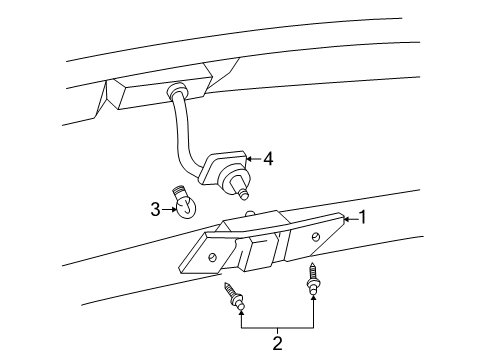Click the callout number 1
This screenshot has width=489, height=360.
[x=364, y=217]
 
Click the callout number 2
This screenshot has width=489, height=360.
[x=278, y=344]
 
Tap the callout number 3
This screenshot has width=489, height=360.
[x=156, y=209]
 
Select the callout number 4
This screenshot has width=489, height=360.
[x=267, y=157]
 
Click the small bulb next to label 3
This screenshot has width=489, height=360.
[x=183, y=203]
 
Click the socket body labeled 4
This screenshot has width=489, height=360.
[x=217, y=168]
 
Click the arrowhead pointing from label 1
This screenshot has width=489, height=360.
[x=346, y=217]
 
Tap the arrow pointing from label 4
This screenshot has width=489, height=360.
[x=250, y=157]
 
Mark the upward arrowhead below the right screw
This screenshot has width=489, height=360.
[x=314, y=299]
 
